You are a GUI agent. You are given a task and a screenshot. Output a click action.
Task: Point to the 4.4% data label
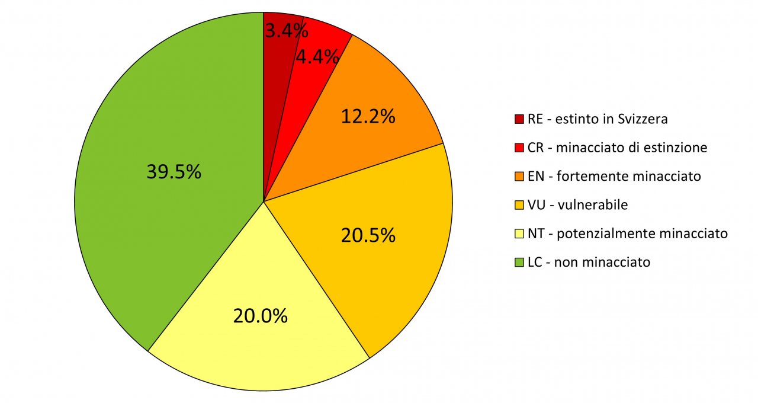pyautogui.click(x=317, y=57)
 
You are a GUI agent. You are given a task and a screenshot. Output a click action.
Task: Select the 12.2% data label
pyautogui.click(x=368, y=117)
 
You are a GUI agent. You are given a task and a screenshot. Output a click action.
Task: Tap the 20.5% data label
pyautogui.click(x=368, y=235)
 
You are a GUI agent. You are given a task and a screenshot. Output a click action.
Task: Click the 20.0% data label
pyautogui.click(x=261, y=316)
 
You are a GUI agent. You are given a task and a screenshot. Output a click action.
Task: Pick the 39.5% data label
pyautogui.click(x=174, y=172)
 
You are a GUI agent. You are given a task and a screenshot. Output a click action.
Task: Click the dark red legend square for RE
pyautogui.click(x=519, y=119)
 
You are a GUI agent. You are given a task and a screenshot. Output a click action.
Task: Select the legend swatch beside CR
pyautogui.click(x=519, y=148)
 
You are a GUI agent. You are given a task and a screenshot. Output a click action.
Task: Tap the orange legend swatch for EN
pyautogui.click(x=519, y=176)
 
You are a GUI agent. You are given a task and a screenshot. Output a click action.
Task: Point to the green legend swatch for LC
pyautogui.click(x=519, y=262)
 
